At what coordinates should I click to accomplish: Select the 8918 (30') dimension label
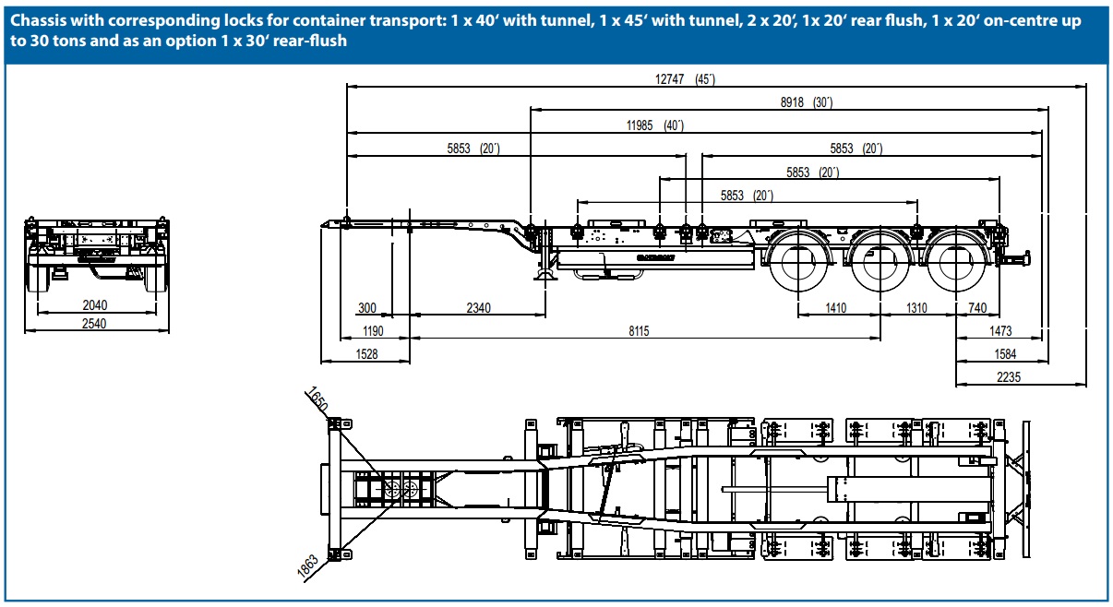pyautogui.click(x=806, y=102)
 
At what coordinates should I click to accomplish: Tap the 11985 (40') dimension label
pyautogui.click(x=654, y=125)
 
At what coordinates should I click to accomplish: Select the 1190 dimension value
pyautogui.click(x=372, y=331)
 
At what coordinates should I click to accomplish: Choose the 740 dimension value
pyautogui.click(x=976, y=308)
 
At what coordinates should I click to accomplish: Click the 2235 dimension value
pyautogui.click(x=1008, y=377)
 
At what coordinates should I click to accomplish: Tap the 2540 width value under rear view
pyautogui.click(x=96, y=324)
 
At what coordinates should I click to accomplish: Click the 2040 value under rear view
pyautogui.click(x=96, y=304)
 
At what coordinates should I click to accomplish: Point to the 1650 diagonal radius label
pyautogui.click(x=317, y=402)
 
